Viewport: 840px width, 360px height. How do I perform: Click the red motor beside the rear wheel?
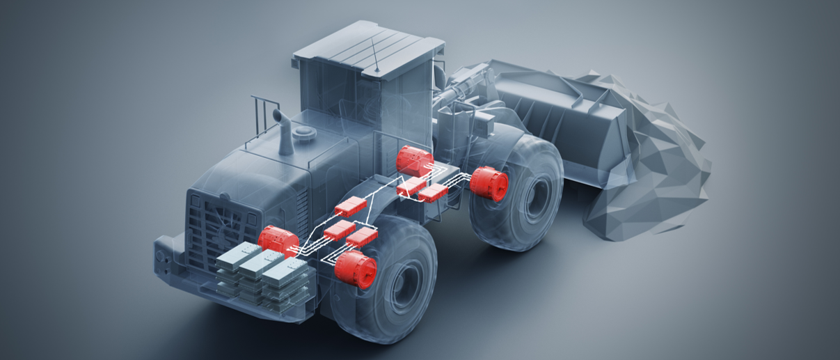click(x=355, y=268)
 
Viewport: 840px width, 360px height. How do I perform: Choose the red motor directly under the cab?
click(x=415, y=159)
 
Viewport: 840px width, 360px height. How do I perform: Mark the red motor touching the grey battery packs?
click(x=278, y=241)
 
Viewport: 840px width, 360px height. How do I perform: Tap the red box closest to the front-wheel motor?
click(x=433, y=193)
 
